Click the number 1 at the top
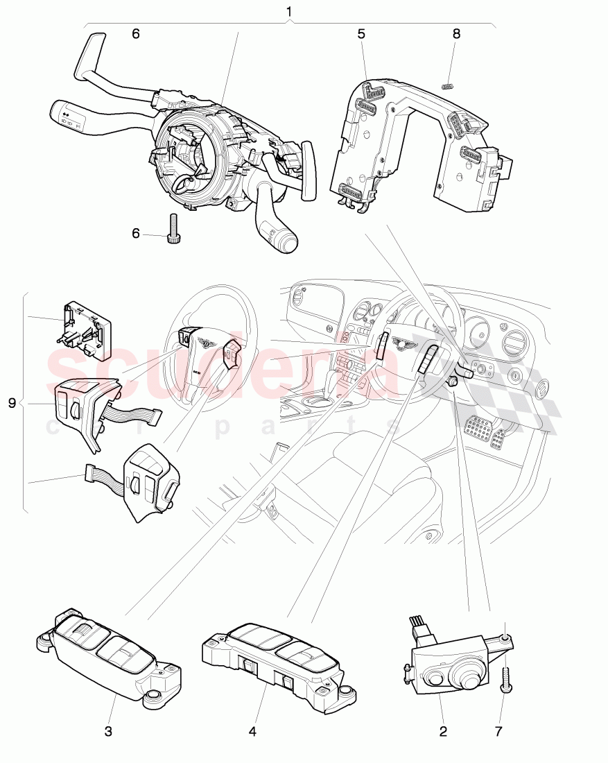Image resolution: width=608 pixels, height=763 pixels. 289,12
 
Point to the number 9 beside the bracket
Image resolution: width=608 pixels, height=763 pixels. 12,403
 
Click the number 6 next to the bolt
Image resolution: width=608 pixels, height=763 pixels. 135,234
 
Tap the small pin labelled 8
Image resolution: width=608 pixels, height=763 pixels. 447,86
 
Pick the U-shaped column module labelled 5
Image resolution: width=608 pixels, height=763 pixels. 416,139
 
